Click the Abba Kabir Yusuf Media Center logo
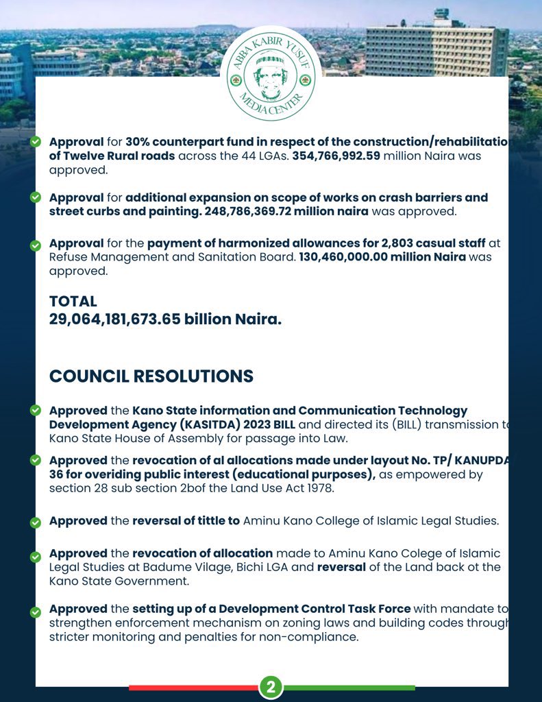(271, 73)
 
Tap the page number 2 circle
(271, 688)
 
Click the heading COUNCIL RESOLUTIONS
(151, 376)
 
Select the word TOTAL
(73, 301)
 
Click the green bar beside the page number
(349, 688)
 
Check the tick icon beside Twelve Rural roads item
(36, 141)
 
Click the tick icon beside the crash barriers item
(36, 197)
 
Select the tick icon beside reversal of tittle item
(36, 522)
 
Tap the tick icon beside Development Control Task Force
(36, 609)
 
